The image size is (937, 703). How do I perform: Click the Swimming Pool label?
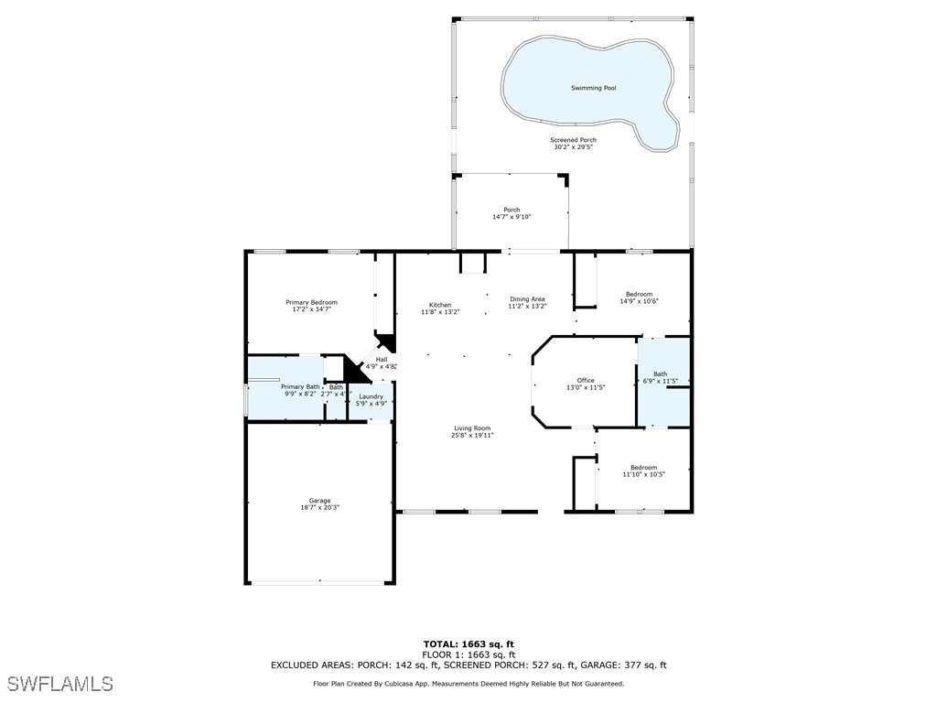593,88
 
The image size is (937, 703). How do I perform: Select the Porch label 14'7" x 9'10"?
512,213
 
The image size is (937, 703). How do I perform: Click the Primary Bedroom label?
311,306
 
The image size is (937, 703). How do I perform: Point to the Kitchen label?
440,308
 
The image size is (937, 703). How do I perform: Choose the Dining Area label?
527,302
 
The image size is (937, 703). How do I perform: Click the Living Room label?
472,432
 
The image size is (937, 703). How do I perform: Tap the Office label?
586,384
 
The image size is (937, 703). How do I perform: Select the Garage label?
319,504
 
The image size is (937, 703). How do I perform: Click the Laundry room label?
372,400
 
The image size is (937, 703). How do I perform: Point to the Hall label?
382,362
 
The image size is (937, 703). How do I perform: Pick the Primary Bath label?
300,390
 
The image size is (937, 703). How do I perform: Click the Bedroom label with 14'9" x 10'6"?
639,297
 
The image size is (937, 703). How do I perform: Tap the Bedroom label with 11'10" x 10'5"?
643,471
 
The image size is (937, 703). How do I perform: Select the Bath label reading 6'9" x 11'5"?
660,378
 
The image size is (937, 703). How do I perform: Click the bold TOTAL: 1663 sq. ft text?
468,644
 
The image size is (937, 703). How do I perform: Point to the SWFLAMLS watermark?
60,684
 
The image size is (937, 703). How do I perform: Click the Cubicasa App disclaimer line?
468,684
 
